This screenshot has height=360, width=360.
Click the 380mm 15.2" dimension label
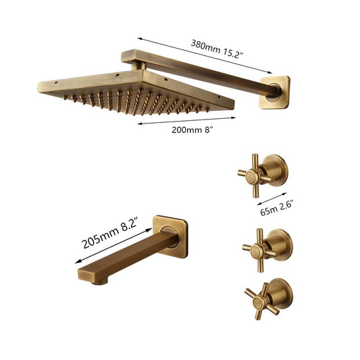pyautogui.click(x=217, y=49)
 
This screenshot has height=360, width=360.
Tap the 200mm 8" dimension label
pyautogui.click(x=191, y=130)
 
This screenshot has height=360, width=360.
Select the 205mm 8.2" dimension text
pyautogui.click(x=111, y=232)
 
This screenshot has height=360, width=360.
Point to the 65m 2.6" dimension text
pyautogui.click(x=277, y=208)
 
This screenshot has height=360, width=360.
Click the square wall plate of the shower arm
pyautogui.click(x=275, y=93)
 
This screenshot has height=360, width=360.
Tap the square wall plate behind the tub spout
pyautogui.click(x=171, y=236)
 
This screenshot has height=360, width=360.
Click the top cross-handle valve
pyautogui.click(x=263, y=175)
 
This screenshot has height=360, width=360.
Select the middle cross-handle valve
pyautogui.click(x=267, y=250)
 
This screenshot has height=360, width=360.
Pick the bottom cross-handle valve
pyautogui.click(x=268, y=299)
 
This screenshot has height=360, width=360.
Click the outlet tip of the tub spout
pyautogui.click(x=100, y=282)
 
